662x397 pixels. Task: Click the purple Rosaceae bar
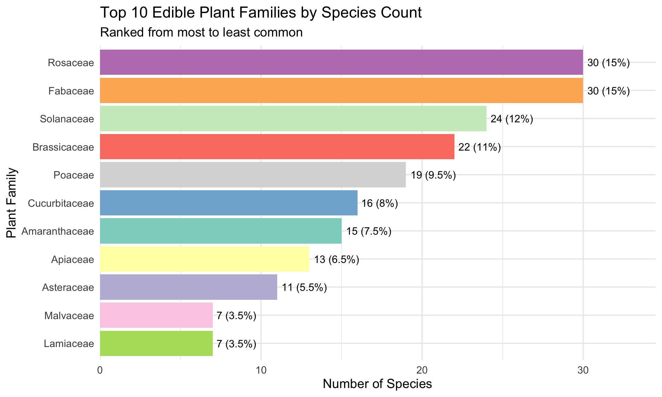[x=341, y=62]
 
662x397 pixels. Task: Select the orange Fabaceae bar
[x=341, y=91]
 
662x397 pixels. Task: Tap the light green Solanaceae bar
[x=293, y=119]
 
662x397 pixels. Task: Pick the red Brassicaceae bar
[x=277, y=147]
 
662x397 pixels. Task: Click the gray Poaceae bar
[x=253, y=175]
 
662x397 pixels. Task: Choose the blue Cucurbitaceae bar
[x=229, y=203]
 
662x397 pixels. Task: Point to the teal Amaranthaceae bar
[x=221, y=231]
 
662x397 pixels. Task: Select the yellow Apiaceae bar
[x=204, y=259]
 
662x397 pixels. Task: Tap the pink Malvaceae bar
[x=156, y=315]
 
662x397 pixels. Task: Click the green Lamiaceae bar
[x=156, y=343]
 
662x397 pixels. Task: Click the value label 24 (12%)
[x=512, y=119]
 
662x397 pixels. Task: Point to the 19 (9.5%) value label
[x=433, y=175]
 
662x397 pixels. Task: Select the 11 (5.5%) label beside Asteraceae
[x=304, y=288]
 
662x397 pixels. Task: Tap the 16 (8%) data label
[x=380, y=204]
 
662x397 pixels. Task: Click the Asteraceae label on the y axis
[x=68, y=287]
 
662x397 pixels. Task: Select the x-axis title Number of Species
[x=378, y=384]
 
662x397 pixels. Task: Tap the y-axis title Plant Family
[x=12, y=203]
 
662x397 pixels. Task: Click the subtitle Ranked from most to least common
[x=201, y=32]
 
